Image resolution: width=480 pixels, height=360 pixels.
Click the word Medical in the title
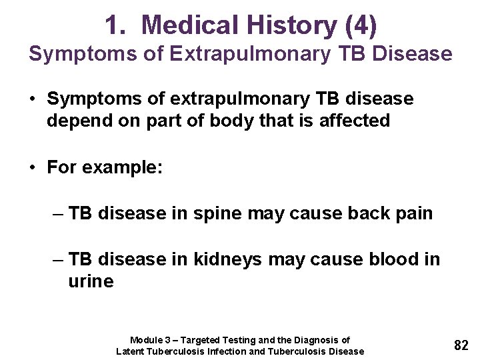(x=191, y=25)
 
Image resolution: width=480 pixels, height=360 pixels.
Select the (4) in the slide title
(x=360, y=25)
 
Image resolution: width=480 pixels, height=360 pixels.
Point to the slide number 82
(x=461, y=345)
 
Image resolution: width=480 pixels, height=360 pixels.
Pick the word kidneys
(x=228, y=259)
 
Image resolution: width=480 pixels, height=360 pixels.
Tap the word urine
(x=91, y=281)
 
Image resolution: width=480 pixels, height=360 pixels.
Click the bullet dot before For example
(x=33, y=167)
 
